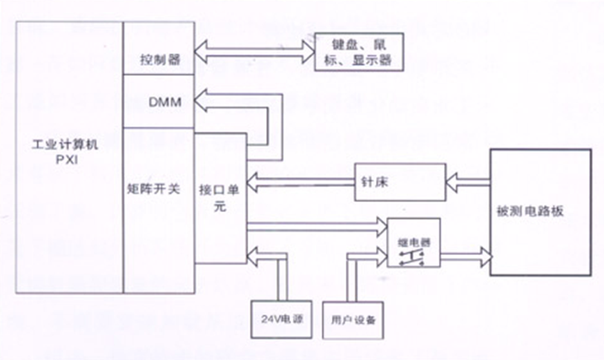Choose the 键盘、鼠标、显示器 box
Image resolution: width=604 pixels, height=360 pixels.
point(359,52)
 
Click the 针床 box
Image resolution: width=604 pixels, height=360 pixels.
point(399,181)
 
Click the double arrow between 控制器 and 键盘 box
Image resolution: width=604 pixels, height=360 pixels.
point(253,52)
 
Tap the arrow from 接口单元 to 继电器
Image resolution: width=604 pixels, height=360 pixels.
point(312,222)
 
